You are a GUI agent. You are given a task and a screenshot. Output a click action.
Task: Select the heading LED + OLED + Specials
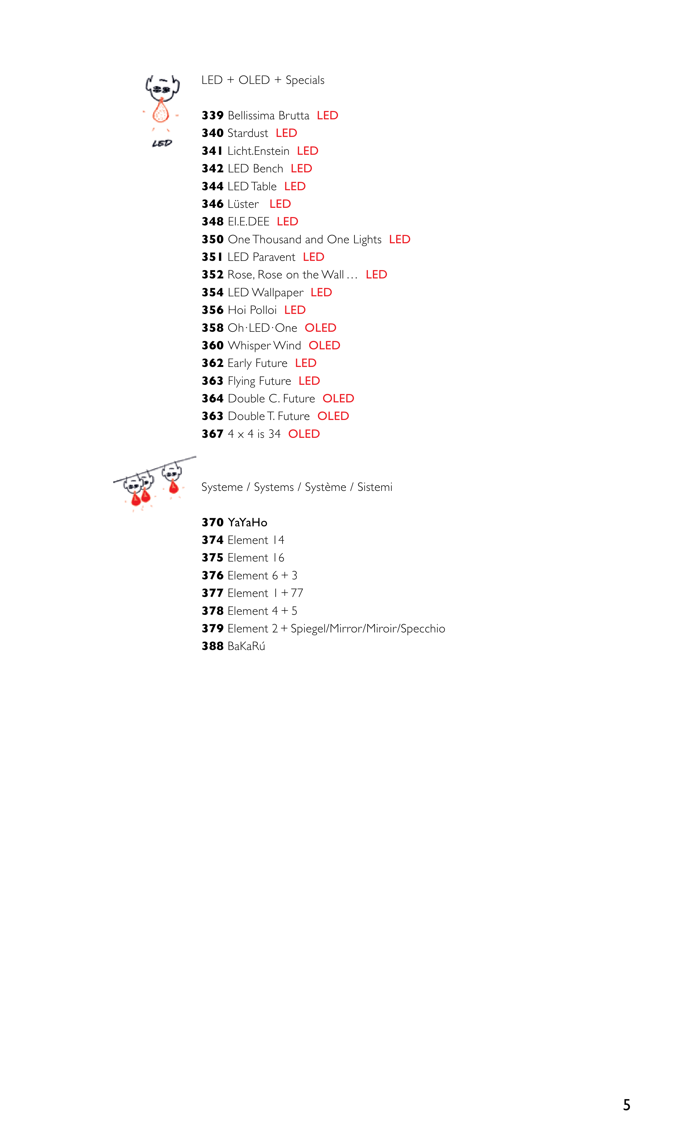tap(263, 80)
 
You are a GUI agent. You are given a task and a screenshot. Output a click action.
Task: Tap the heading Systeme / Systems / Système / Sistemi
tap(297, 487)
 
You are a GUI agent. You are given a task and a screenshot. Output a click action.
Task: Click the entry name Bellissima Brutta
tap(268, 116)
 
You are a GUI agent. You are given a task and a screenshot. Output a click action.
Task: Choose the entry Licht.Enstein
tap(258, 151)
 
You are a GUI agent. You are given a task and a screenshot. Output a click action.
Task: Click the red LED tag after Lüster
tap(280, 204)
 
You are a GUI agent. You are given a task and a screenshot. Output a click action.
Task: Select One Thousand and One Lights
tap(305, 239)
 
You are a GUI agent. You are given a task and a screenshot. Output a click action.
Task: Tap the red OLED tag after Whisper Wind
tap(324, 346)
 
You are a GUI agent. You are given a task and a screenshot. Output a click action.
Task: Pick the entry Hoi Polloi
tap(252, 310)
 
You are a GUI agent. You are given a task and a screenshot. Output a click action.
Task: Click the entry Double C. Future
tap(272, 399)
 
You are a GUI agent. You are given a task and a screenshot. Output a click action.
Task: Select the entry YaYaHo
tap(247, 523)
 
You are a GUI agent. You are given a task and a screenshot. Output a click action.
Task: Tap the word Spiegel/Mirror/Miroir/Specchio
tap(368, 629)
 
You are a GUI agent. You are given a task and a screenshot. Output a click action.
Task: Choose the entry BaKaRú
tap(247, 646)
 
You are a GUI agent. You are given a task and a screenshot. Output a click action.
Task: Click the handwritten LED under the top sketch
tap(162, 143)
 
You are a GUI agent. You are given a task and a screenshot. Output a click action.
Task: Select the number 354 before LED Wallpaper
tap(212, 293)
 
